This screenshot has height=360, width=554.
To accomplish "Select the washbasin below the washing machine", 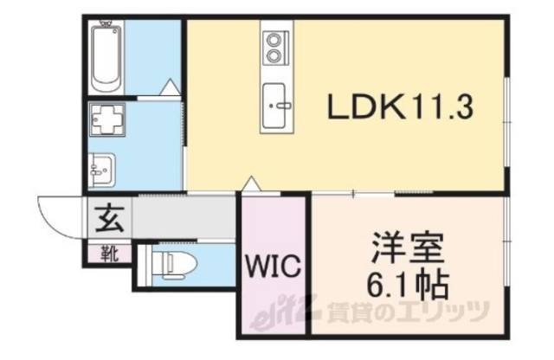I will pos(102,166).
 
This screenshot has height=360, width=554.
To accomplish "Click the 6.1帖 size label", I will pos(409,283).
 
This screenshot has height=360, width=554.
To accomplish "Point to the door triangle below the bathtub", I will pos(170,87).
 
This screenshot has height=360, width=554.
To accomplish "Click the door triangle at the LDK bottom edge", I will pos(251,184).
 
